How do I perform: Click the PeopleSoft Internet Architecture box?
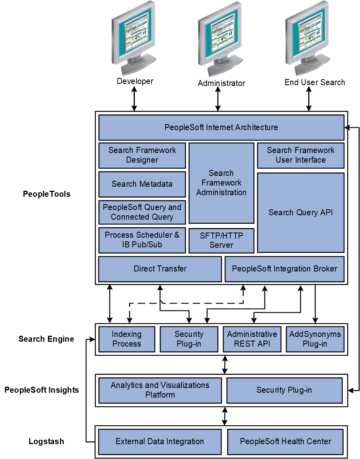coord(221,127)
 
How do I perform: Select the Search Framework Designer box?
coord(142,155)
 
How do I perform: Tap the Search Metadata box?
coord(142,184)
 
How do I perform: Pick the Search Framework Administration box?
coord(221,183)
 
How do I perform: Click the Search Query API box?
coord(301,212)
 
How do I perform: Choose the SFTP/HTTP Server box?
coord(221,240)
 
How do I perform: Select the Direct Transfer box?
coord(160,269)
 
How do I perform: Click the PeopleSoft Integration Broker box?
coord(285,269)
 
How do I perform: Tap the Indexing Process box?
coord(126,339)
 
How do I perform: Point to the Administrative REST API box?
coord(252,339)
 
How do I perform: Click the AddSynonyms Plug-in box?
coord(315,339)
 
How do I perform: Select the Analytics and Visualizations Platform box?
coord(160,390)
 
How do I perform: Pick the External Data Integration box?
coord(160,441)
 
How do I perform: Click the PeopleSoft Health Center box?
coord(285,441)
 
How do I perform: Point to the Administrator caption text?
coord(221,83)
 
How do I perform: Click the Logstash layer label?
coord(46,441)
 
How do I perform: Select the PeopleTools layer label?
coord(47,194)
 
